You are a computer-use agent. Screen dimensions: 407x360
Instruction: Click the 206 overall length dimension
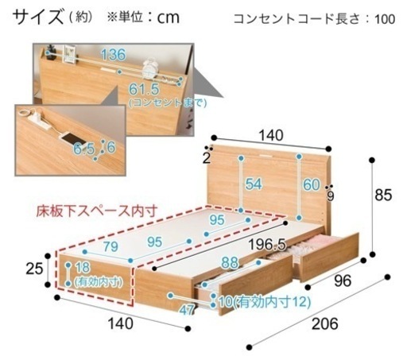[324, 323]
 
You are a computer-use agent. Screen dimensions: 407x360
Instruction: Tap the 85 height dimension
[383, 195]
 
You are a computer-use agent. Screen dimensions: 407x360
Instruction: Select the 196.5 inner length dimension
[267, 244]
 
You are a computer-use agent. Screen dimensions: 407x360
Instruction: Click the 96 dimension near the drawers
[343, 281]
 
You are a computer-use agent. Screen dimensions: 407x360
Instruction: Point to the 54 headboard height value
[254, 184]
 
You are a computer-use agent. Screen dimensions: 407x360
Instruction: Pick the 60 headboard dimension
[312, 184]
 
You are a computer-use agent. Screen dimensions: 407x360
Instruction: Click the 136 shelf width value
[113, 55]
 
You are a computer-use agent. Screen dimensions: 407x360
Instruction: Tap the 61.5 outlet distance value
[144, 89]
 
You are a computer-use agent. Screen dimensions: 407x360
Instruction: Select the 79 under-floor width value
[110, 246]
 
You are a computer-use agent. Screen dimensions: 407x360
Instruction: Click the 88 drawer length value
[230, 263]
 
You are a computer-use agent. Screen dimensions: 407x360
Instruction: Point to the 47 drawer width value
[187, 309]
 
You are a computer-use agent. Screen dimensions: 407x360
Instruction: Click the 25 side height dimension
[34, 269]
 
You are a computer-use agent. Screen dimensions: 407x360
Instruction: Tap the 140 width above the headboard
[271, 135]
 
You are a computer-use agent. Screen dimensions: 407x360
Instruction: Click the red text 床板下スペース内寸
[97, 211]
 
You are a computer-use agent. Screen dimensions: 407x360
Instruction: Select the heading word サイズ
[38, 17]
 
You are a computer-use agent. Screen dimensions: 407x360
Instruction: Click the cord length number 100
[385, 19]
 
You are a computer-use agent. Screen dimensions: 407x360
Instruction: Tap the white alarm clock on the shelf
[149, 69]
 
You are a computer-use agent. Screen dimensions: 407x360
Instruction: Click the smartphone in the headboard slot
[70, 138]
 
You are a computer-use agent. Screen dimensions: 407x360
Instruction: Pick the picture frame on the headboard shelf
[69, 54]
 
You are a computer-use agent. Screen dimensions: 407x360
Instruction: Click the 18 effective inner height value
[83, 268]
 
